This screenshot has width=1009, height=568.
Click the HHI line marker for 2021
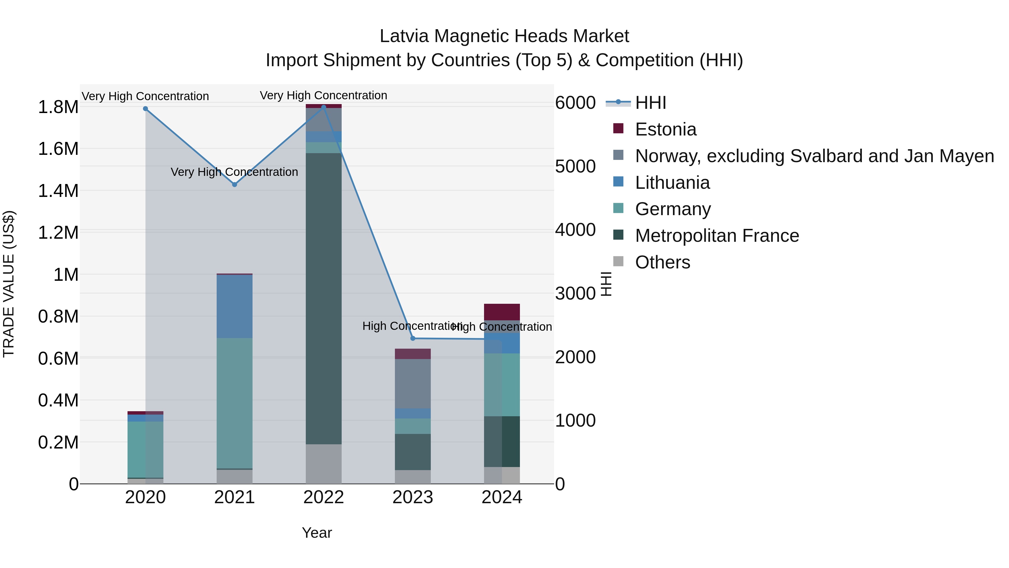click(235, 185)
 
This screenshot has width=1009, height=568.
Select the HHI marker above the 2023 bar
click(413, 338)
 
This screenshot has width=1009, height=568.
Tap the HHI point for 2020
click(145, 109)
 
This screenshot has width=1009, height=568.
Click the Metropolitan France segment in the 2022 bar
click(323, 298)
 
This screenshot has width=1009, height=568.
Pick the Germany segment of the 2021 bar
click(235, 403)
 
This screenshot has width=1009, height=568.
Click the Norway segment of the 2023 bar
click(413, 383)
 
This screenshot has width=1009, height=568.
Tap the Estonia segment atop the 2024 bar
click(502, 312)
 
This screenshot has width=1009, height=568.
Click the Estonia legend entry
click(665, 129)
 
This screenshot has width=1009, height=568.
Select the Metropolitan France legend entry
click(717, 236)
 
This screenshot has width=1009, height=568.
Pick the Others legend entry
click(662, 262)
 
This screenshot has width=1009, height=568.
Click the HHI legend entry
click(650, 103)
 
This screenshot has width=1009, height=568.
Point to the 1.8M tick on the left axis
click(58, 107)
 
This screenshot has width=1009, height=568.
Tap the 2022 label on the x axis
click(323, 497)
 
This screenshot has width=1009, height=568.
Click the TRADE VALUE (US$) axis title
click(9, 284)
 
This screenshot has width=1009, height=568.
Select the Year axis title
click(317, 533)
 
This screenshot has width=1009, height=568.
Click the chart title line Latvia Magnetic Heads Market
click(504, 36)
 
